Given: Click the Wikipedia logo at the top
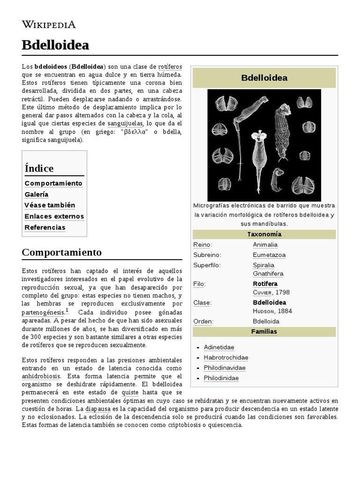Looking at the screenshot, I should [49, 24].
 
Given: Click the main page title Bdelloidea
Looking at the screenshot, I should [55, 45].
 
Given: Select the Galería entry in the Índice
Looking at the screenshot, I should [37, 194].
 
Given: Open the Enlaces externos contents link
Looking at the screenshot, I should [54, 216].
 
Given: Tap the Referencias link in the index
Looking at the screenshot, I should [45, 227].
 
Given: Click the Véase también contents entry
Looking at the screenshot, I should [50, 205].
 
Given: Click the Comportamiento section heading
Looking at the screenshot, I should [61, 252].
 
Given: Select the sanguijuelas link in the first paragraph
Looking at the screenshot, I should [126, 123].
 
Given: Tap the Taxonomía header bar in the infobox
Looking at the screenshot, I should [264, 234].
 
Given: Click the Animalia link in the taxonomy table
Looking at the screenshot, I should [265, 245].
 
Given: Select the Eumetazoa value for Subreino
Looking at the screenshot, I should [269, 255].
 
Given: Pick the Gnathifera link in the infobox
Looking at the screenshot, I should [268, 274].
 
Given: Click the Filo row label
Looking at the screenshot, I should [199, 284].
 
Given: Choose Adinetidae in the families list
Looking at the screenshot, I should [219, 347].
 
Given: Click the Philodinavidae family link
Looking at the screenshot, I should [225, 368].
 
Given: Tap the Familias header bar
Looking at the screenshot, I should [264, 331].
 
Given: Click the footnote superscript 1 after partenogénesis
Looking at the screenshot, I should [67, 310].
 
